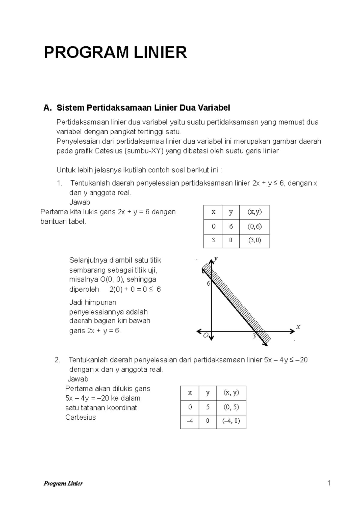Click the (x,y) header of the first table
[254, 212]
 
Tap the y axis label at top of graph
[216, 259]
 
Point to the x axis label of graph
[298, 327]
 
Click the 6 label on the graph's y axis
[208, 284]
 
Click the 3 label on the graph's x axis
[254, 336]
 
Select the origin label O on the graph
[205, 335]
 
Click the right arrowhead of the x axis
[292, 331]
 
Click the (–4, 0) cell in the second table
[231, 421]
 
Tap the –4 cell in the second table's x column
[190, 421]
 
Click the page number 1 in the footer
[329, 483]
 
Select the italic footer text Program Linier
[63, 483]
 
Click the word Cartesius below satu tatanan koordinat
[80, 417]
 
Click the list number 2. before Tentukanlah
[58, 360]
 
